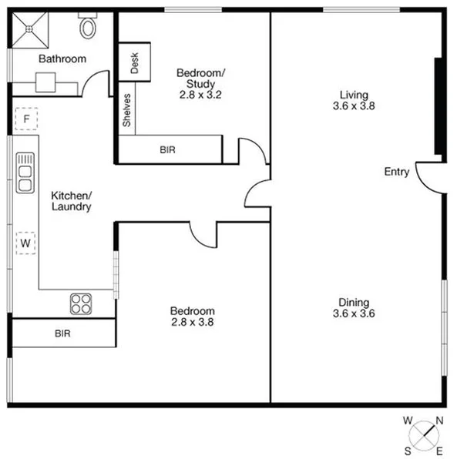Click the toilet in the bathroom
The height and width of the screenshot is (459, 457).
pos(88,28)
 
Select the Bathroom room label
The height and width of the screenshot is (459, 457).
pos(62,59)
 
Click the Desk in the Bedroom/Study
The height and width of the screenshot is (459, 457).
pos(134,62)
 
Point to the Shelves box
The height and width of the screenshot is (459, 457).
pos(126,112)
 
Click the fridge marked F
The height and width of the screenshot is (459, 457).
pos(25,119)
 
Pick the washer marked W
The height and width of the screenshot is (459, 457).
pos(25,243)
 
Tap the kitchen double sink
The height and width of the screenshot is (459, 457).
pos(25,173)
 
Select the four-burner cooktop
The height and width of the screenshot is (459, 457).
pos(81,303)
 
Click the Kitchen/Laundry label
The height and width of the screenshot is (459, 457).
pos(71,201)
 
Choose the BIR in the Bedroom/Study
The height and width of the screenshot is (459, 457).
pos(168,149)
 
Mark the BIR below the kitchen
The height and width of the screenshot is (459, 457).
pos(62,333)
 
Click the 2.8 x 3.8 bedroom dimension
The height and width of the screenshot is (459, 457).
pos(192,323)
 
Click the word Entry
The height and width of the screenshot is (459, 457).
pos(397,172)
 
